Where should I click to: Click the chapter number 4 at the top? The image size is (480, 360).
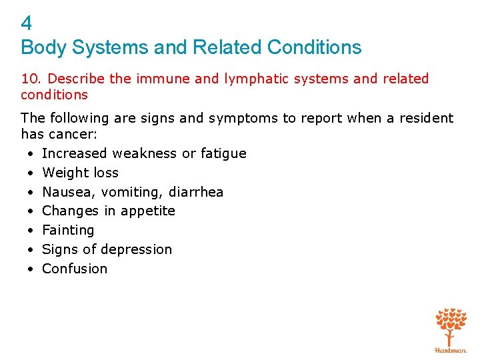(x=27, y=24)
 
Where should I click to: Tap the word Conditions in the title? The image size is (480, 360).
(x=314, y=47)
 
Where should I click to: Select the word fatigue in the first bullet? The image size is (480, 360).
(x=223, y=153)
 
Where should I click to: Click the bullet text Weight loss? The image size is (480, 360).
(x=80, y=173)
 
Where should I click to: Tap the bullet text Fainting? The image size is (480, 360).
(x=68, y=230)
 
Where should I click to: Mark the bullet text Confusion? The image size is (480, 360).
(x=75, y=269)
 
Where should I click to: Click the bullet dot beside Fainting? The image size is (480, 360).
(x=31, y=231)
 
